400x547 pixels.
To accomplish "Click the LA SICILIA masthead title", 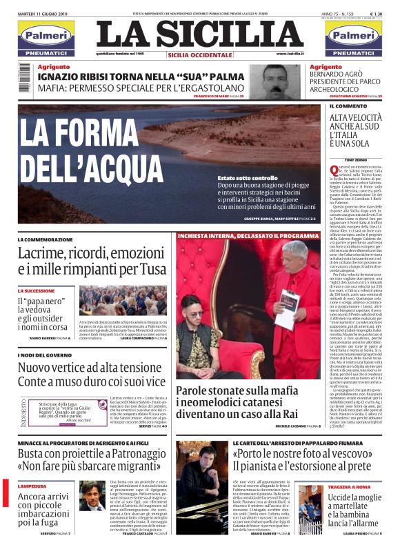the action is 200,34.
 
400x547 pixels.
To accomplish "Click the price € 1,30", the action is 377,13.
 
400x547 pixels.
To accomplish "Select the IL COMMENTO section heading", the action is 348,106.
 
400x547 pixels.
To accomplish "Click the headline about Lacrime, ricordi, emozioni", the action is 92,262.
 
